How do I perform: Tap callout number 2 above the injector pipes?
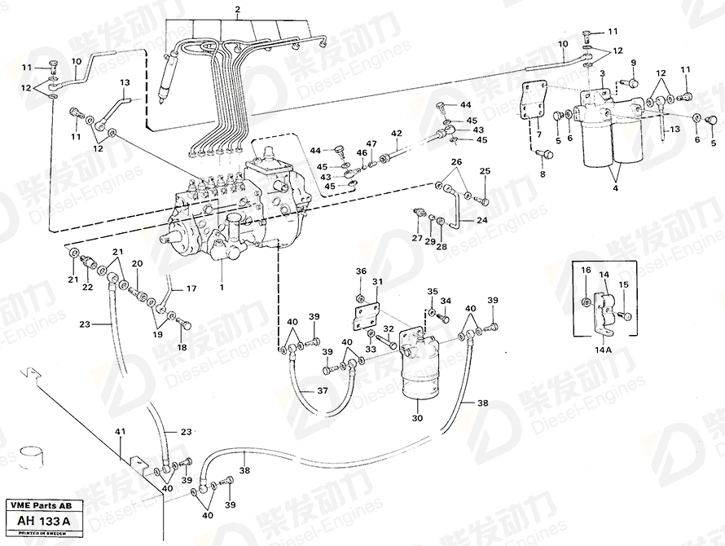[237, 10]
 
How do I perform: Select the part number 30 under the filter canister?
[419, 418]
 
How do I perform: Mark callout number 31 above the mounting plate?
[377, 282]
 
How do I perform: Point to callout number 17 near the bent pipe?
[192, 288]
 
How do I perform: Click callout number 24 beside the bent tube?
[482, 221]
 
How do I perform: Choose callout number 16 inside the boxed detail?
[586, 270]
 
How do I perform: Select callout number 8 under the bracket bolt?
[543, 174]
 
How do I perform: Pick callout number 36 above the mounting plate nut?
[361, 271]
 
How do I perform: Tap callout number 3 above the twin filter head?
[601, 74]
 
